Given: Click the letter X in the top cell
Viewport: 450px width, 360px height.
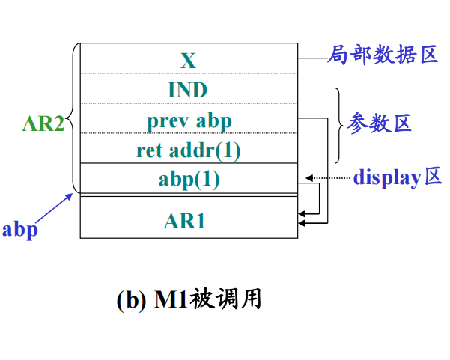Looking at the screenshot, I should [188, 59].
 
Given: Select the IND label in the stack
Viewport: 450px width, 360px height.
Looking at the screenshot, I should [188, 90].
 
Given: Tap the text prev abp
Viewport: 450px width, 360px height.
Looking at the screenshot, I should [189, 120].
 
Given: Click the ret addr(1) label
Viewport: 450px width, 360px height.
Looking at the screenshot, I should [189, 150].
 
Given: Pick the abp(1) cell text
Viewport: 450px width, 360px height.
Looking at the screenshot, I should [189, 180].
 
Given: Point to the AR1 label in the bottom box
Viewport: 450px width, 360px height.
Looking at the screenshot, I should [189, 222].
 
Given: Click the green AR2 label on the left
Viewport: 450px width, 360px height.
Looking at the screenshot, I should [43, 123].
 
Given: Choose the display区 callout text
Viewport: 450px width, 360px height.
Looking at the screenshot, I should [398, 177].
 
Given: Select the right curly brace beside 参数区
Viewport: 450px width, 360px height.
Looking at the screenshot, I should [338, 124].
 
